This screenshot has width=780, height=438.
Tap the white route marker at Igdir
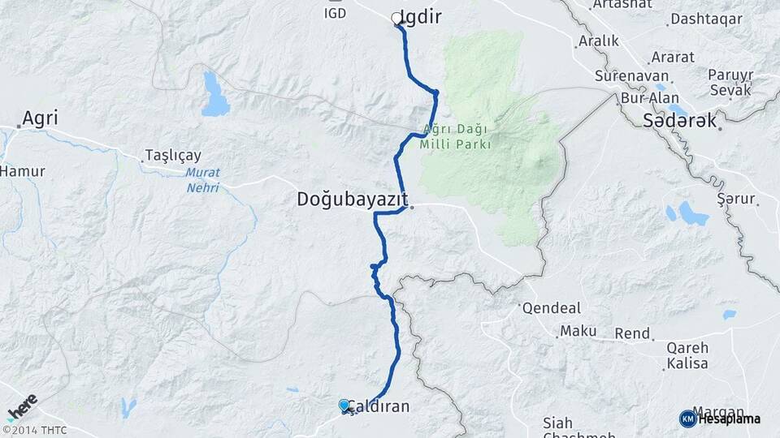[397, 18]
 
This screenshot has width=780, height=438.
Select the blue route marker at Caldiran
[344, 406]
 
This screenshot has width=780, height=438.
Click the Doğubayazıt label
[351, 200]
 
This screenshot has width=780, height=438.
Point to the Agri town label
[40, 118]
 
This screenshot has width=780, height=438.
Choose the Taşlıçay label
[172, 155]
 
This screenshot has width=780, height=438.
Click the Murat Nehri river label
[202, 179]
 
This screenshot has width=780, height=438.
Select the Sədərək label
[680, 121]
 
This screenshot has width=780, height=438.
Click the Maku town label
[578, 331]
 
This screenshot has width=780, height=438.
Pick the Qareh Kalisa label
[687, 355]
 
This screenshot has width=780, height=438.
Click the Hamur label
[22, 171]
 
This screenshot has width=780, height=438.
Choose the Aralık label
[598, 41]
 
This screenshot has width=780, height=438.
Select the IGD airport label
[335, 13]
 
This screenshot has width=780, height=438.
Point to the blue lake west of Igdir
[216, 94]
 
